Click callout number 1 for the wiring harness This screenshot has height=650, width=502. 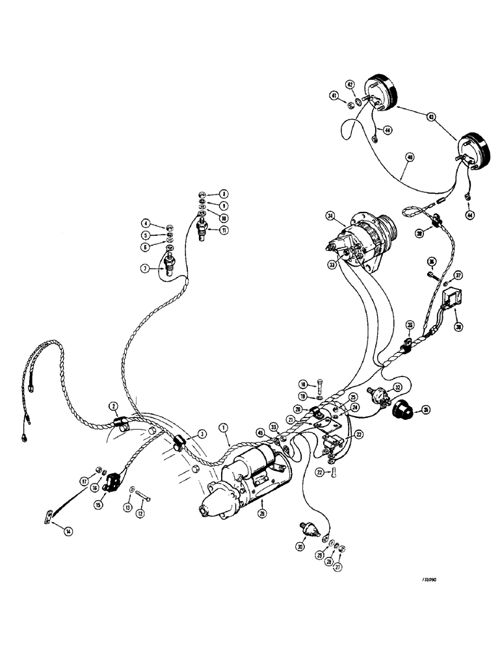click(223, 428)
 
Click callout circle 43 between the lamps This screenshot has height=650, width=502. click(432, 117)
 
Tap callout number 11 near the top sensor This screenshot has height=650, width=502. click(224, 230)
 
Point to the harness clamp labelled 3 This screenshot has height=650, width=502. click(180, 444)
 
